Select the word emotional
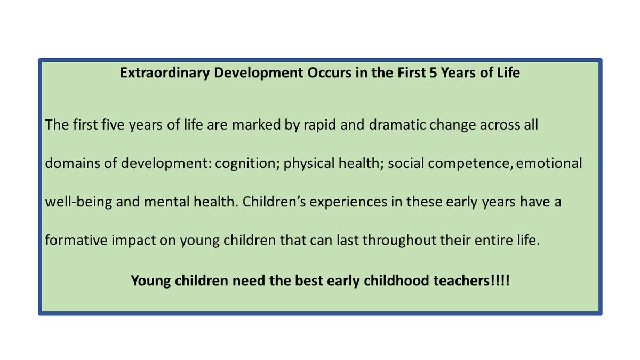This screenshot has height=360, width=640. pos(550,163)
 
